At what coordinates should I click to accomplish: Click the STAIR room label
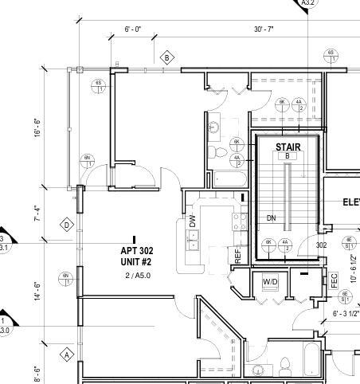point(288,147)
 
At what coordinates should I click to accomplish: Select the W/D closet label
point(270,282)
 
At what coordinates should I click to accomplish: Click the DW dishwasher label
point(193,221)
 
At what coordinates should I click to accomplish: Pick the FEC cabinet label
point(335,280)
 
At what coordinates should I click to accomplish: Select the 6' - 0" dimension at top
point(132,29)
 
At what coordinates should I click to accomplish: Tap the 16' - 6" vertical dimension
point(37,128)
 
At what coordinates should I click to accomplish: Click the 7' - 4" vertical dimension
point(37,214)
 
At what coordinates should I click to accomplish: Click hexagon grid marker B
point(167,57)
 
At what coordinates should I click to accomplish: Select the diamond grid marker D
point(67,225)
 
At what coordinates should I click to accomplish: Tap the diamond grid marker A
point(67,354)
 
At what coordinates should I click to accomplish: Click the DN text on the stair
point(272,217)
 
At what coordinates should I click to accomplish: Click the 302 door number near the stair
point(322,245)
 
